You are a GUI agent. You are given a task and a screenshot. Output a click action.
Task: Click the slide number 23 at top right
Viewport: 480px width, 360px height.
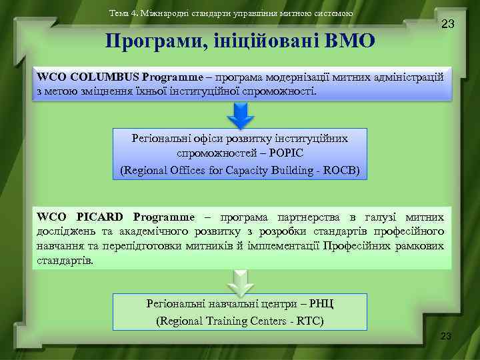pyautogui.click(x=448, y=25)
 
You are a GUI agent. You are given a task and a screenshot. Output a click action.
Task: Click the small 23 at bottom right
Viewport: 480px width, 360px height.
pyautogui.click(x=445, y=336)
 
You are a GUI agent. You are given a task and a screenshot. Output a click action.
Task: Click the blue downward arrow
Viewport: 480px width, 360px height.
pyautogui.click(x=240, y=116)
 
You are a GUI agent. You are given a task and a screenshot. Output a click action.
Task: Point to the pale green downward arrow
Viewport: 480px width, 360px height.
pyautogui.click(x=239, y=281)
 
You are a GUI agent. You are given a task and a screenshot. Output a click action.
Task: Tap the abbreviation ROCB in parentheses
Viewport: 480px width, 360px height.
pyautogui.click(x=340, y=170)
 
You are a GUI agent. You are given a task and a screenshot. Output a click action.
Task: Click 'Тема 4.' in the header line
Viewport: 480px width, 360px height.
pyautogui.click(x=123, y=13)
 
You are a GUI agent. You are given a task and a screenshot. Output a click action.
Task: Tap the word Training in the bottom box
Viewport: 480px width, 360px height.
pyautogui.click(x=223, y=321)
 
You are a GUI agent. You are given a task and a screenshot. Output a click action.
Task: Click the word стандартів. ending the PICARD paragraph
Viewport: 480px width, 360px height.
pyautogui.click(x=65, y=260)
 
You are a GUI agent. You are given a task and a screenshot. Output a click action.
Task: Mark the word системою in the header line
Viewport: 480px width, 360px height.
pyautogui.click(x=334, y=13)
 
